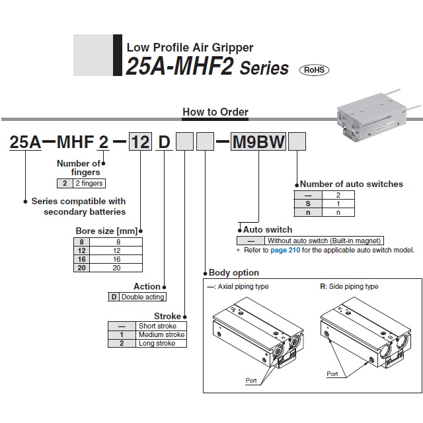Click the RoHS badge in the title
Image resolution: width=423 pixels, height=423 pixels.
(314, 69)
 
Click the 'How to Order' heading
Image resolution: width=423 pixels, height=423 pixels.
(215, 112)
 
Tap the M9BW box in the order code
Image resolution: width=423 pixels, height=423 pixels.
(258, 142)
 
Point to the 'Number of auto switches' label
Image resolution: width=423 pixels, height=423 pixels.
(352, 184)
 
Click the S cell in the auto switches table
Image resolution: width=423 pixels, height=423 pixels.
(307, 204)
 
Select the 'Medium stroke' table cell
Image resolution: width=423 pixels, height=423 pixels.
(161, 334)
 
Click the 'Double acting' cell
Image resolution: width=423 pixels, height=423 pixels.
(143, 297)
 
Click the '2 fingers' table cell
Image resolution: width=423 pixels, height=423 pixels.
(88, 183)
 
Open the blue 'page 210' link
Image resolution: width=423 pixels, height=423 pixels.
(285, 250)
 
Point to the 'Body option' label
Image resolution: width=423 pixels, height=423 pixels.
(233, 272)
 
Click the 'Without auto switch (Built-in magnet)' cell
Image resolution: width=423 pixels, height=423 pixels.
(324, 241)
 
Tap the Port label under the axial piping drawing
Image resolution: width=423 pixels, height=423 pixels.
(251, 381)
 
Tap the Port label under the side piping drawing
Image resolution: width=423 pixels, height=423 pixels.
(333, 373)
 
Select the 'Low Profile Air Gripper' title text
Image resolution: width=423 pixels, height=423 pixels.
(190, 48)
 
